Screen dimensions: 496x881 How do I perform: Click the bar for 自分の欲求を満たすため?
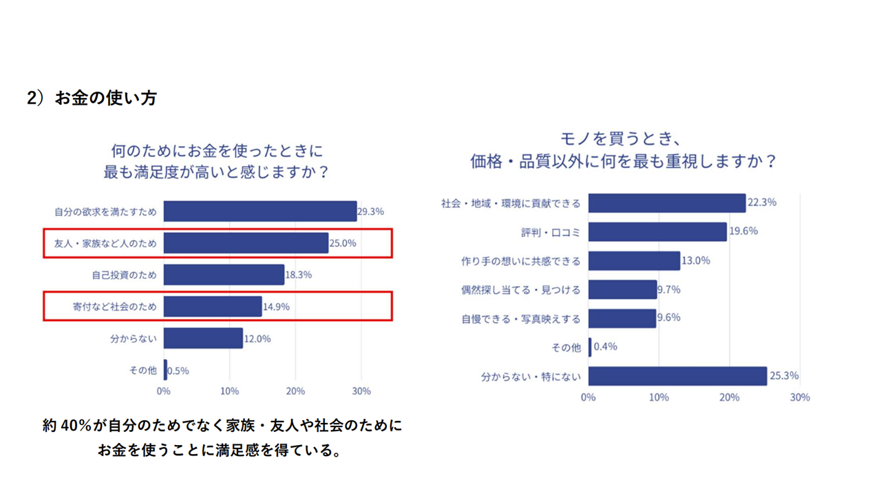point(260,211)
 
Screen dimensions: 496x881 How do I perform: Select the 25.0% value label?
point(343,243)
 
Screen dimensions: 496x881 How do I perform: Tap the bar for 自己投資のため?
point(224,275)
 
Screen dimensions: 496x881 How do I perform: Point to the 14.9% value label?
point(276,307)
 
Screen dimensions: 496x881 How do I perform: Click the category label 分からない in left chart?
point(134,338)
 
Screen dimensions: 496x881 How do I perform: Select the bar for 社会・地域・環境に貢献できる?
point(667,203)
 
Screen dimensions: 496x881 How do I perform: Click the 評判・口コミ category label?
point(551,232)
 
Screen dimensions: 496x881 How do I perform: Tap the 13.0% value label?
point(695,261)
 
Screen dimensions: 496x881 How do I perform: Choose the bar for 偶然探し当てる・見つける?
point(622,290)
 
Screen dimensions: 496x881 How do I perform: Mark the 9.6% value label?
point(668,318)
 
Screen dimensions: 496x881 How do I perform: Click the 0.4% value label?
point(605,347)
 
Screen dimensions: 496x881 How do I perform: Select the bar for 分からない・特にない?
point(677,376)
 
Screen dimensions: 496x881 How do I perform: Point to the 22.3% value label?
point(762,203)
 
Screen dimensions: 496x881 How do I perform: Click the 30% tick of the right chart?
point(800,397)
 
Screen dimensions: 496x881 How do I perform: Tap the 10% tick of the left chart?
point(229,391)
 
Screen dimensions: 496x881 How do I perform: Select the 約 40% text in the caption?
point(67,426)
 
